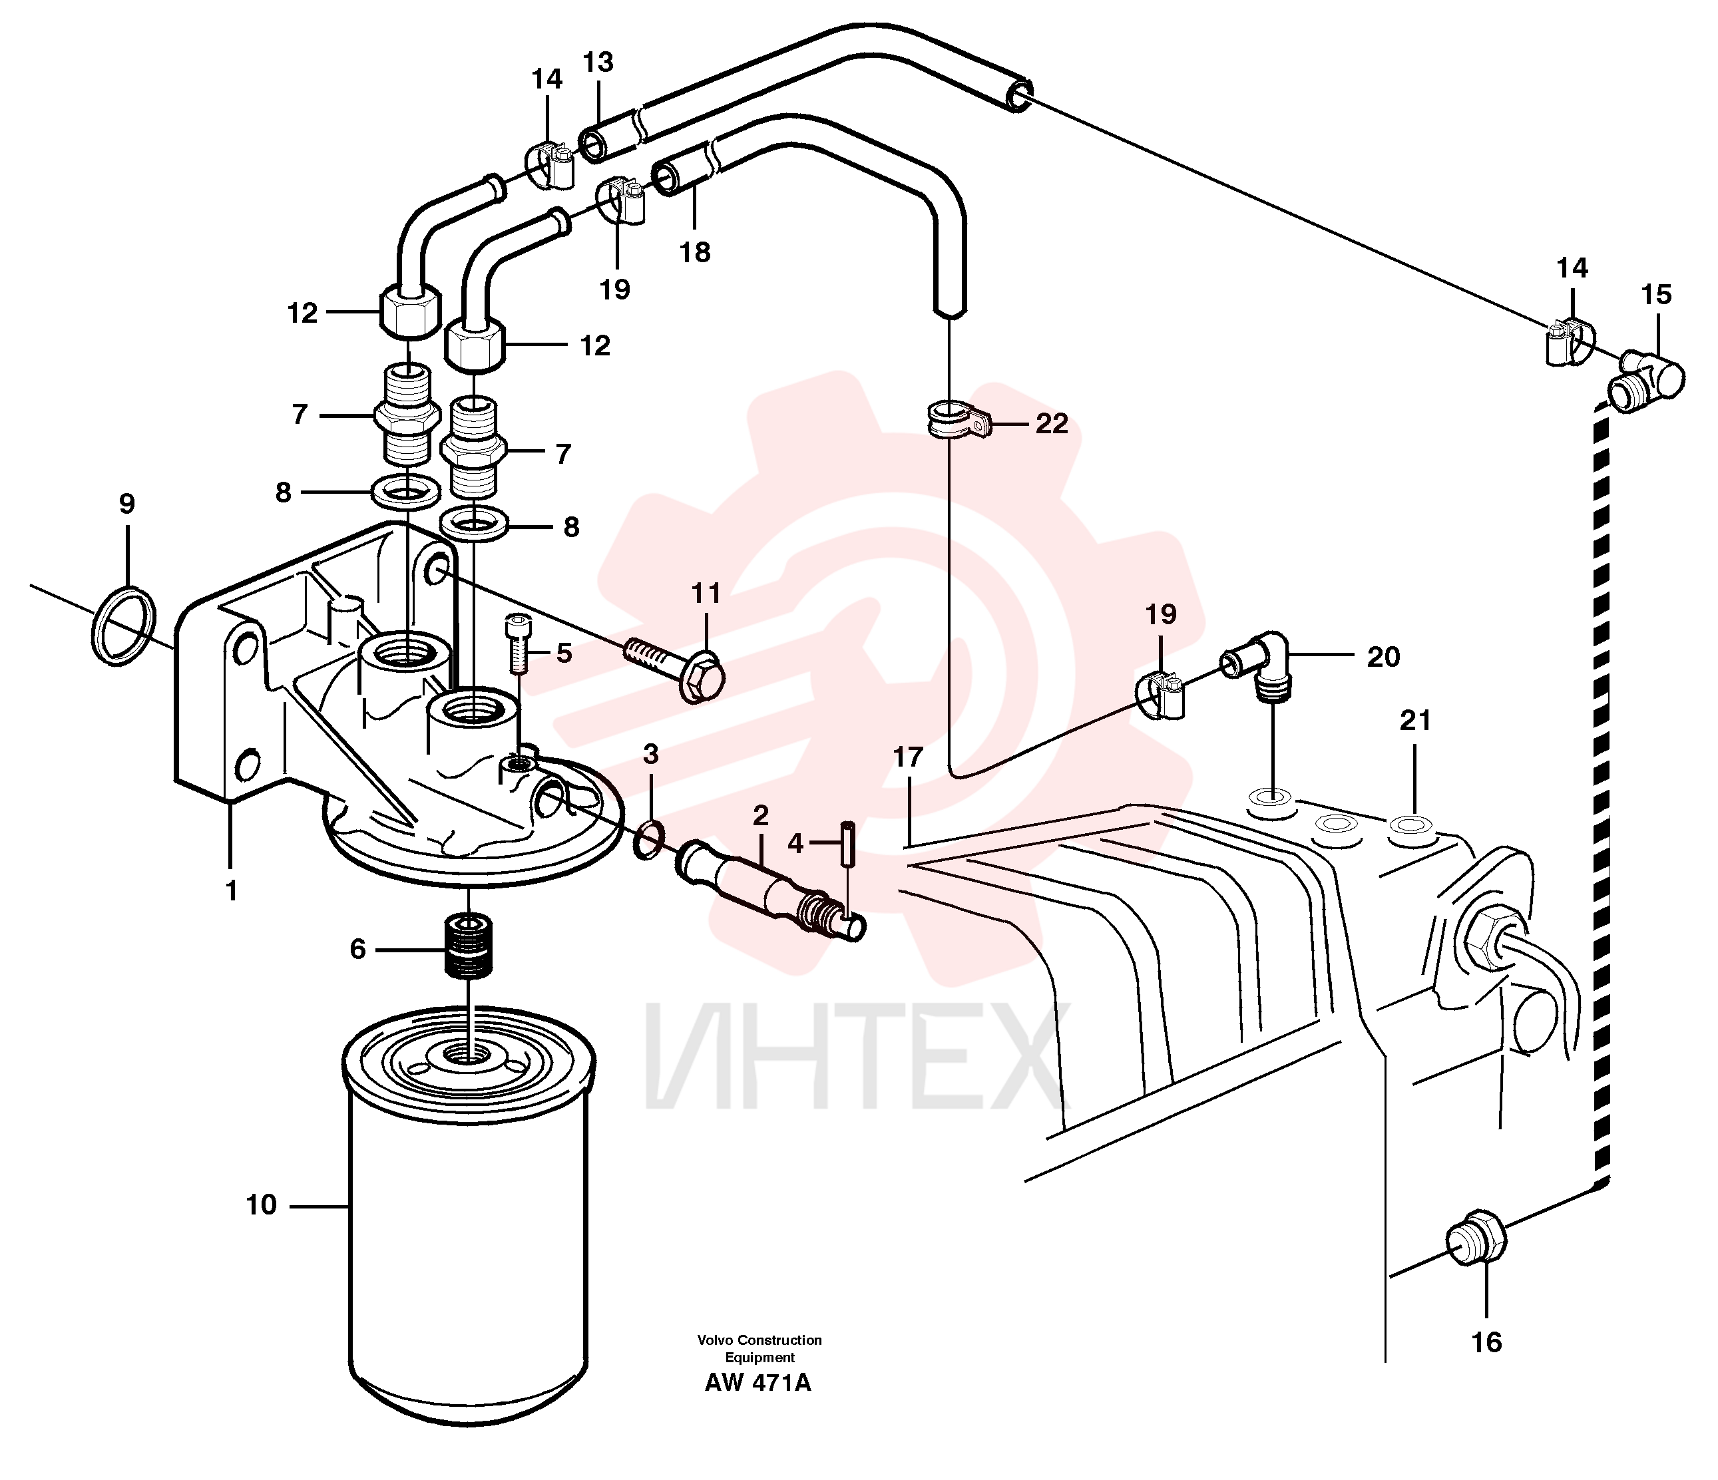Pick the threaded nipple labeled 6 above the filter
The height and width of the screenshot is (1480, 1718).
469,945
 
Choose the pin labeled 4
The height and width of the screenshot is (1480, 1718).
848,843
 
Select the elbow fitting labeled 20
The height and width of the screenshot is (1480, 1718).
1260,667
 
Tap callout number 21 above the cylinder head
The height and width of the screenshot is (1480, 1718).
1415,721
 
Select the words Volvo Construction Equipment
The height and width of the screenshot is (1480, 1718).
759,1348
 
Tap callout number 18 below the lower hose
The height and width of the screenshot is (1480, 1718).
695,252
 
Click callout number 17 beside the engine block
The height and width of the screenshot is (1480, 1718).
909,757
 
